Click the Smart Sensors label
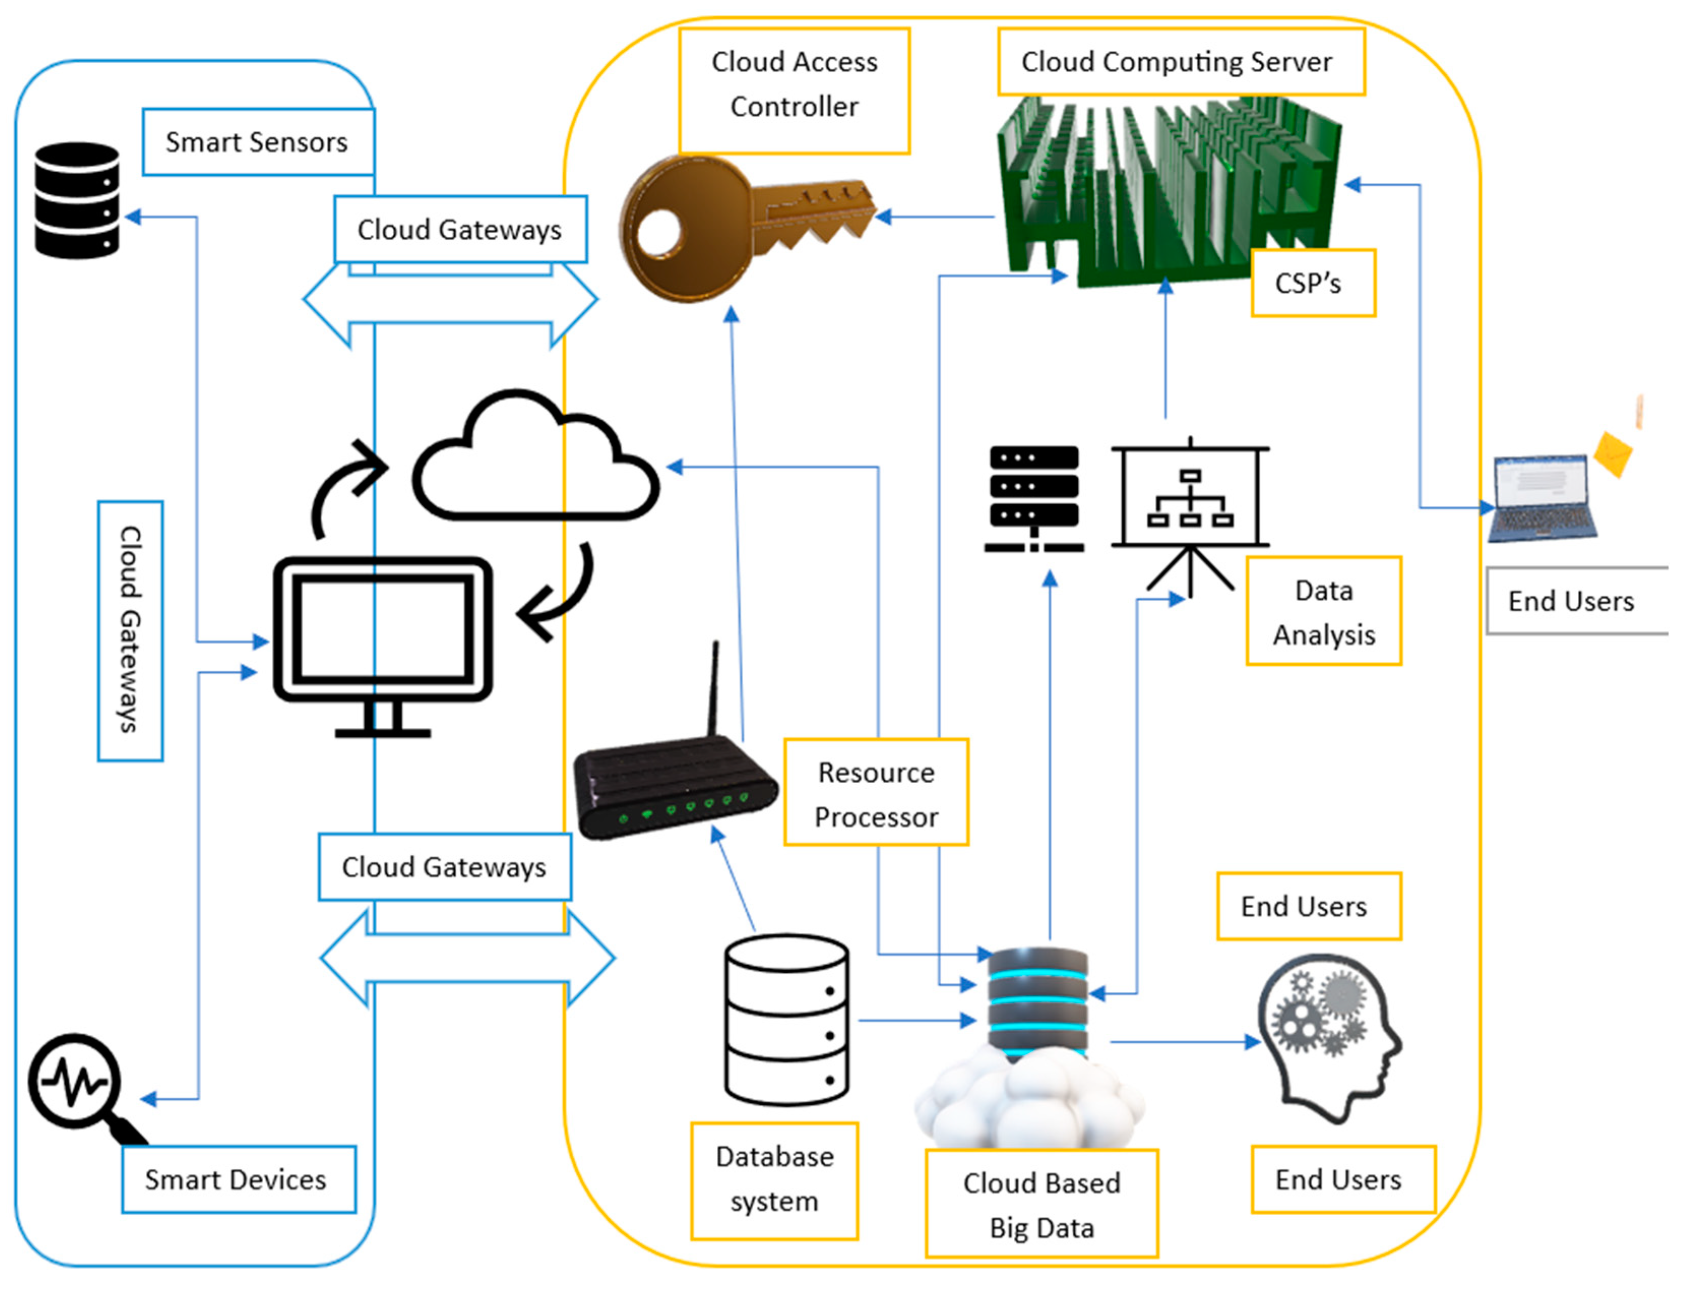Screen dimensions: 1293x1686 pyautogui.click(x=257, y=142)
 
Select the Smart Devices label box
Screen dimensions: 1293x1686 pyautogui.click(x=237, y=1179)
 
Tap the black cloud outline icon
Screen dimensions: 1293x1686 pyautogui.click(x=535, y=462)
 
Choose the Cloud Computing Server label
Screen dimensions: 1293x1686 pyautogui.click(x=1180, y=61)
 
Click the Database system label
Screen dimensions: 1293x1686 pyautogui.click(x=774, y=1179)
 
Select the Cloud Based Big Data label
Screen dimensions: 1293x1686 pyautogui.click(x=1041, y=1205)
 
